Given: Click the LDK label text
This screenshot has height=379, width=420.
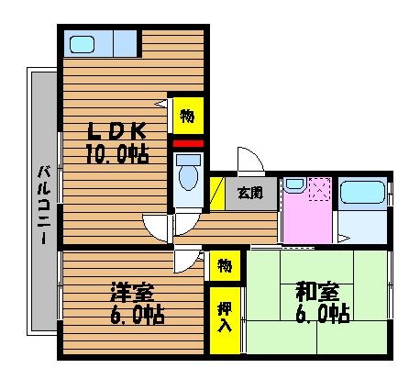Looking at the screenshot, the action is click(x=116, y=131).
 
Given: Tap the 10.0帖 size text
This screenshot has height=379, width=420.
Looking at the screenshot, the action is click(x=117, y=154).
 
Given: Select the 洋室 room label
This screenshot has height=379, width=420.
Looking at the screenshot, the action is click(x=132, y=293).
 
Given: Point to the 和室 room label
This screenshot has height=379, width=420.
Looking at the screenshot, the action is click(x=317, y=292).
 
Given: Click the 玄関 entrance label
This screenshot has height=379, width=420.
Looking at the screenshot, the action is click(x=250, y=193).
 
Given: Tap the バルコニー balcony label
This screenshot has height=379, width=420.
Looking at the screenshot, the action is click(x=44, y=205).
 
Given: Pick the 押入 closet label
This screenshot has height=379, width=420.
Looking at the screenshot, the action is click(x=225, y=318).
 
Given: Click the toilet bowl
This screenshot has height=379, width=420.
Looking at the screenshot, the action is click(x=188, y=178).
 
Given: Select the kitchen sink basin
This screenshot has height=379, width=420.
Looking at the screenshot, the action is click(x=82, y=44).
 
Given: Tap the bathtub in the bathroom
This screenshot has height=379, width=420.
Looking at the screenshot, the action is click(x=362, y=192).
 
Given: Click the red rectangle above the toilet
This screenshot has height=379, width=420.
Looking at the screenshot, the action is click(x=188, y=144).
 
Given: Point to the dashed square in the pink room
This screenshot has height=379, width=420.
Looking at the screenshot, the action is click(x=320, y=189).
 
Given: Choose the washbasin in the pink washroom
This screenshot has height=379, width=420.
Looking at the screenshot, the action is click(x=294, y=184).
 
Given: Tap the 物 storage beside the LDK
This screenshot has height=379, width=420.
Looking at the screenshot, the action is click(x=188, y=116).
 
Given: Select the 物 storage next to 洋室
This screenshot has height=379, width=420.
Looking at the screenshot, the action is click(x=225, y=265).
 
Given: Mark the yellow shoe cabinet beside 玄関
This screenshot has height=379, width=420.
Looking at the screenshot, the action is click(x=217, y=194).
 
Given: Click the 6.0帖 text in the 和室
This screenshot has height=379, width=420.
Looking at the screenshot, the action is click(x=323, y=314).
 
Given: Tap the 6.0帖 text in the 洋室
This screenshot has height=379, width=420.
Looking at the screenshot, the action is click(x=138, y=315).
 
